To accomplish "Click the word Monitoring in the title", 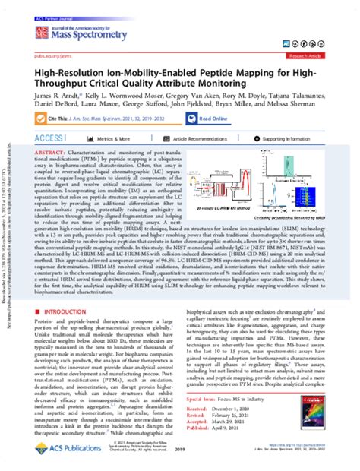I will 218,84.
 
